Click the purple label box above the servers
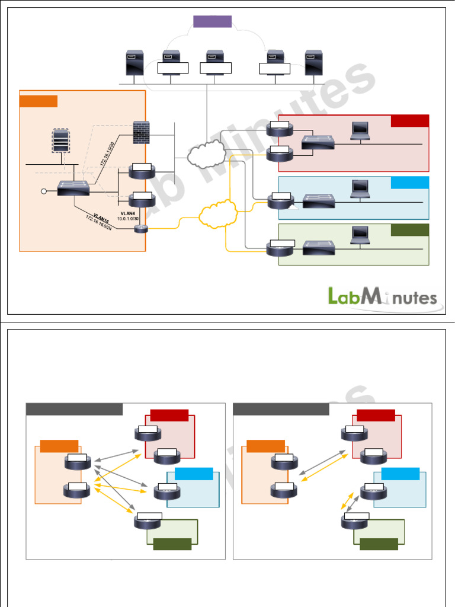[212, 21]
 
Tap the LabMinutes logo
[383, 296]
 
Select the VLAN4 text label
[127, 213]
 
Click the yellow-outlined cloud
[217, 215]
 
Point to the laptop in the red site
[360, 131]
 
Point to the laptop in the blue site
[360, 188]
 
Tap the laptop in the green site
[360, 235]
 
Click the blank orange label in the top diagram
[39, 101]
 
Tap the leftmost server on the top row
[132, 63]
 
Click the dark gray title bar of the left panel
[75, 410]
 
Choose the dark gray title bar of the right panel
[281, 410]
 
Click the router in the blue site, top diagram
[280, 201]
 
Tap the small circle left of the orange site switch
[43, 191]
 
